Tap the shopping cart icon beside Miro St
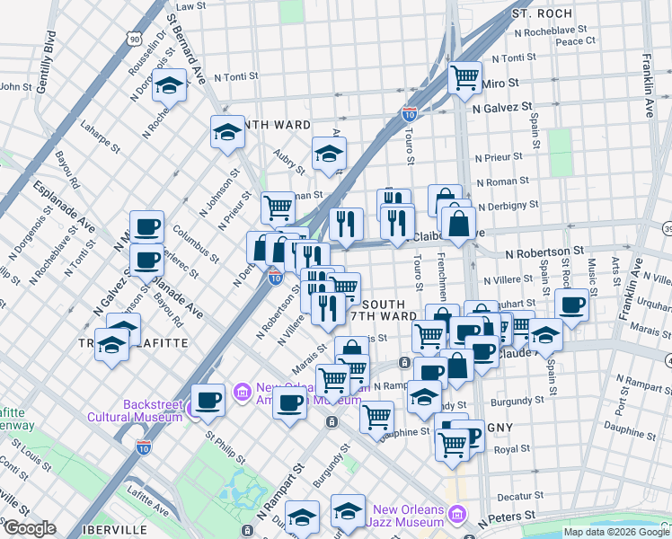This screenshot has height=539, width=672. tap(464, 78)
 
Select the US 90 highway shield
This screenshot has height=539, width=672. tap(134, 39)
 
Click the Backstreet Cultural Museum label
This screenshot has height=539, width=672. tap(136, 409)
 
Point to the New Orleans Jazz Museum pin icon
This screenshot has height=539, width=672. tap(457, 514)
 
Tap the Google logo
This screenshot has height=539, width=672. tap(29, 528)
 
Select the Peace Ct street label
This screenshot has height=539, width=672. tap(575, 40)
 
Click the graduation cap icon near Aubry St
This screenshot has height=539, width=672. tap(330, 154)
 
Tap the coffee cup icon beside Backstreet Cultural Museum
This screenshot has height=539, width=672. tap(208, 401)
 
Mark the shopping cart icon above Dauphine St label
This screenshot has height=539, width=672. tap(376, 416)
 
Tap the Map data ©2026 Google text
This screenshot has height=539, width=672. tap(616, 532)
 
